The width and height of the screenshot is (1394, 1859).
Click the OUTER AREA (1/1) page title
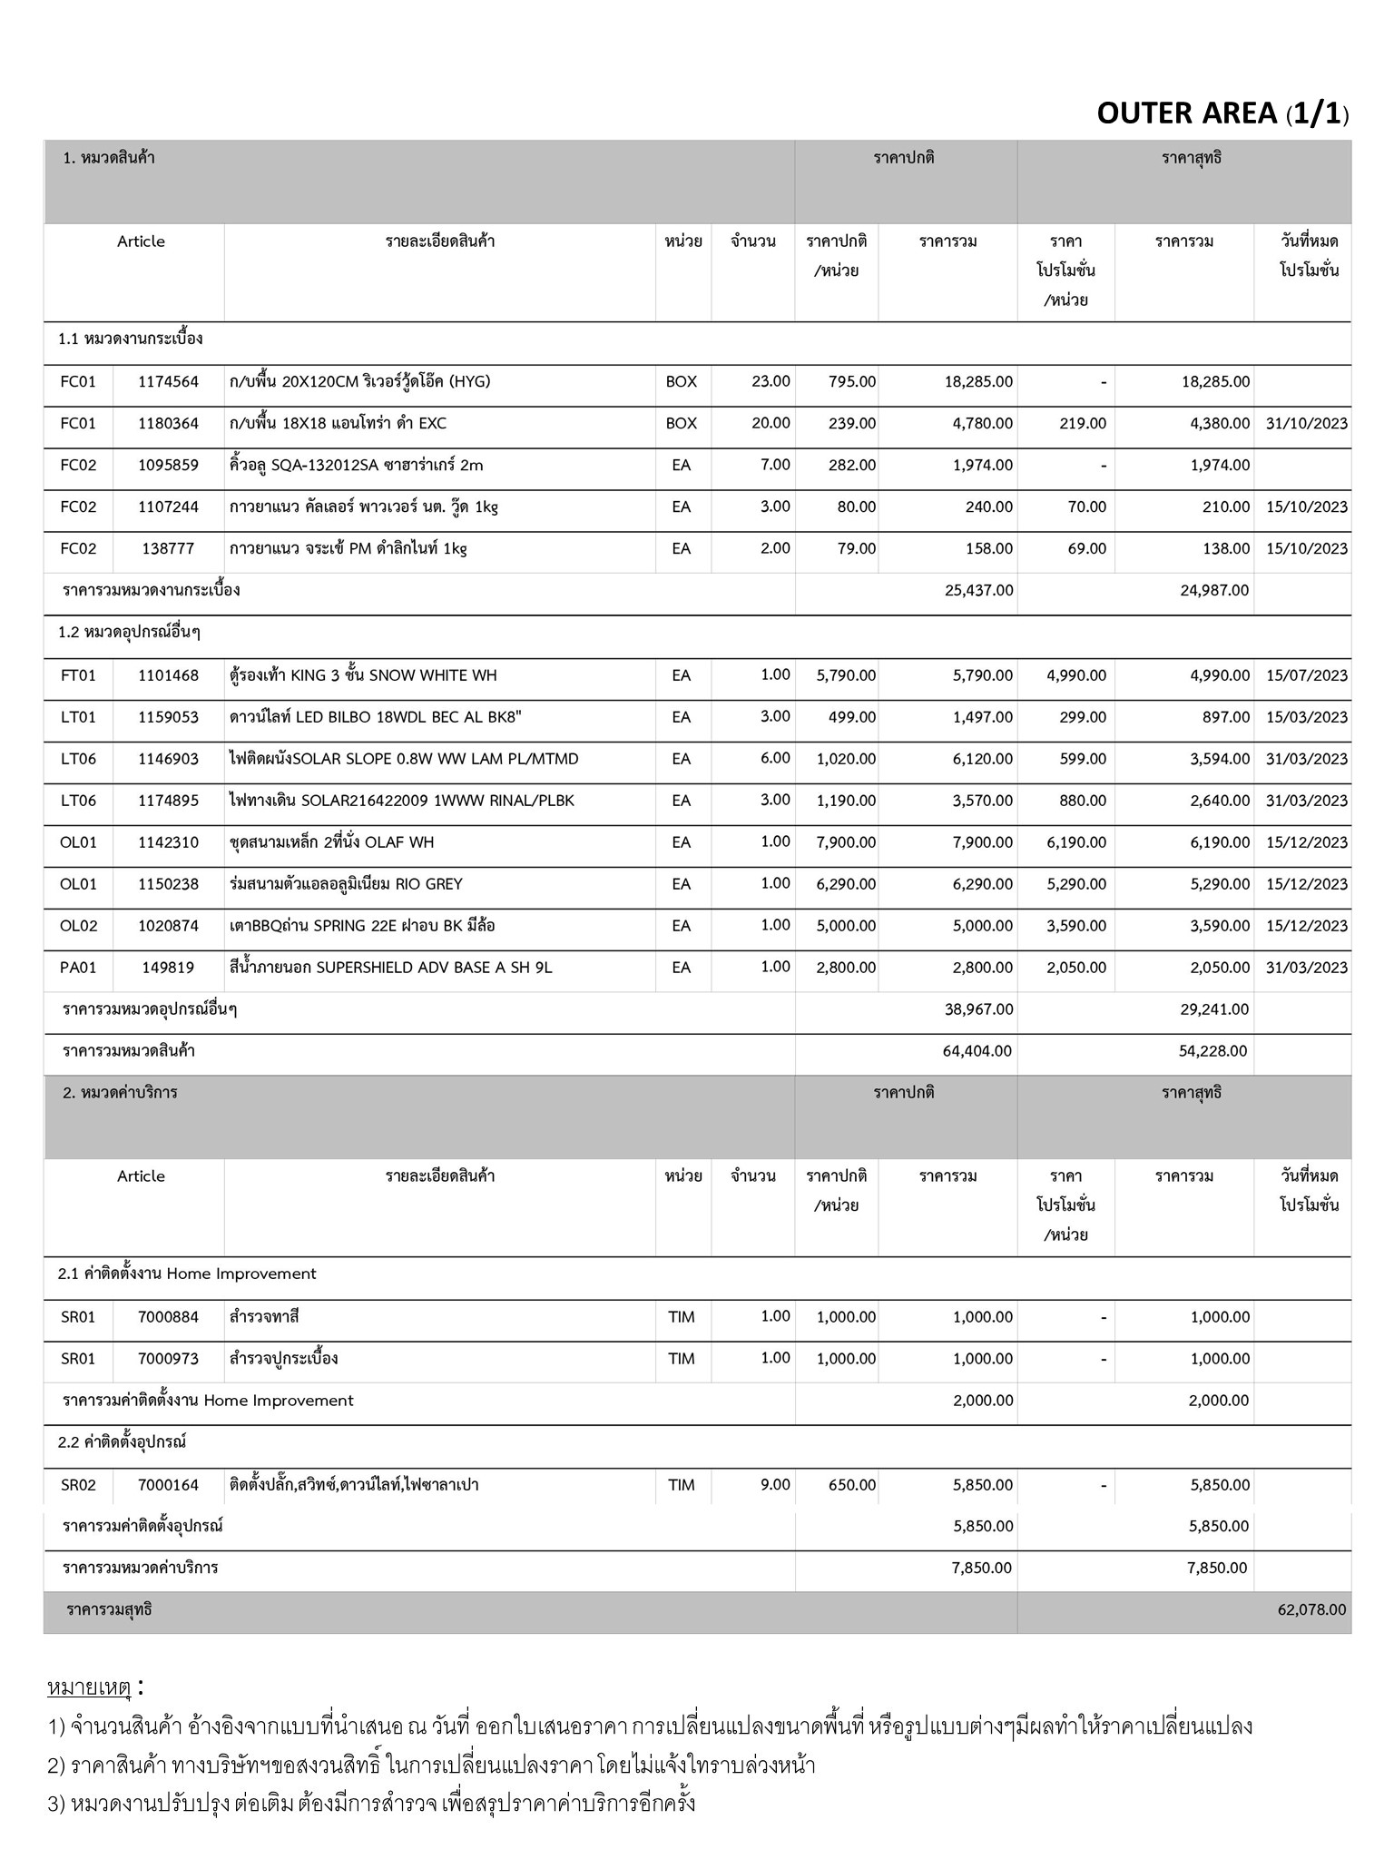click(x=1222, y=113)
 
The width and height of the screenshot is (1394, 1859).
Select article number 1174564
click(x=168, y=382)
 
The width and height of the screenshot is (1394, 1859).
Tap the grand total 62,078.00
click(x=1311, y=1610)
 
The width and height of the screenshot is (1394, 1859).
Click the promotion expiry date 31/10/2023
click(x=1306, y=424)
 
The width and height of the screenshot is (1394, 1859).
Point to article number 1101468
click(x=168, y=676)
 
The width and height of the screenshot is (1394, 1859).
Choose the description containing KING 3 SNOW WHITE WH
click(x=363, y=676)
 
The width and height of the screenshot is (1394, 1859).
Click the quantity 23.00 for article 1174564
click(x=771, y=382)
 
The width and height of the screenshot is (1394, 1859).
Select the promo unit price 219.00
click(x=1083, y=424)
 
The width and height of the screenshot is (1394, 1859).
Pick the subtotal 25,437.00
click(x=978, y=591)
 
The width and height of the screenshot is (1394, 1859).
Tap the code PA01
click(x=78, y=969)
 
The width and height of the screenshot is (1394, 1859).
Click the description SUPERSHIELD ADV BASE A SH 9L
click(x=390, y=969)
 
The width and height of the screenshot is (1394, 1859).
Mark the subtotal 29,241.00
click(x=1214, y=1010)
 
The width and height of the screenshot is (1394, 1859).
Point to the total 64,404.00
click(x=978, y=1052)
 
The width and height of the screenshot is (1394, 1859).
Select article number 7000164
click(x=168, y=1486)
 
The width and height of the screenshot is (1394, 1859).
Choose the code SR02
click(x=78, y=1486)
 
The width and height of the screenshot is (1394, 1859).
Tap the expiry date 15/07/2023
click(x=1306, y=676)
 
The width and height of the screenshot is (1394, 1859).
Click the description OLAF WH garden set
click(x=331, y=843)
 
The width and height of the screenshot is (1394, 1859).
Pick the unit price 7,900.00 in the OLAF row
click(x=846, y=843)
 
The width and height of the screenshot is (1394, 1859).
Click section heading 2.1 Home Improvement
click(x=187, y=1274)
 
